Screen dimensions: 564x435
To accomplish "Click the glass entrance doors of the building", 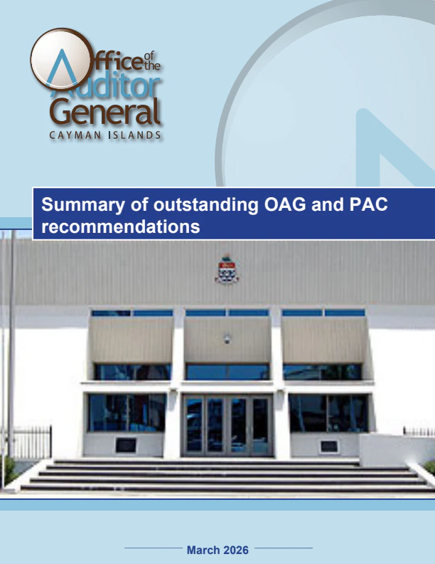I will (x=227, y=426).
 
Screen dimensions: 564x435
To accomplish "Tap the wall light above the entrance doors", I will (x=227, y=339).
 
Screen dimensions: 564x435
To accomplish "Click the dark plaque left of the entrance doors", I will (x=126, y=445).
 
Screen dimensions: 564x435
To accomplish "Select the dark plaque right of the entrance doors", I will (x=328, y=446).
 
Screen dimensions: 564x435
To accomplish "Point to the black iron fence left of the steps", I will (x=31, y=442).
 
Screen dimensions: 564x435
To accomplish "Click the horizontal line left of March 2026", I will (x=153, y=548).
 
